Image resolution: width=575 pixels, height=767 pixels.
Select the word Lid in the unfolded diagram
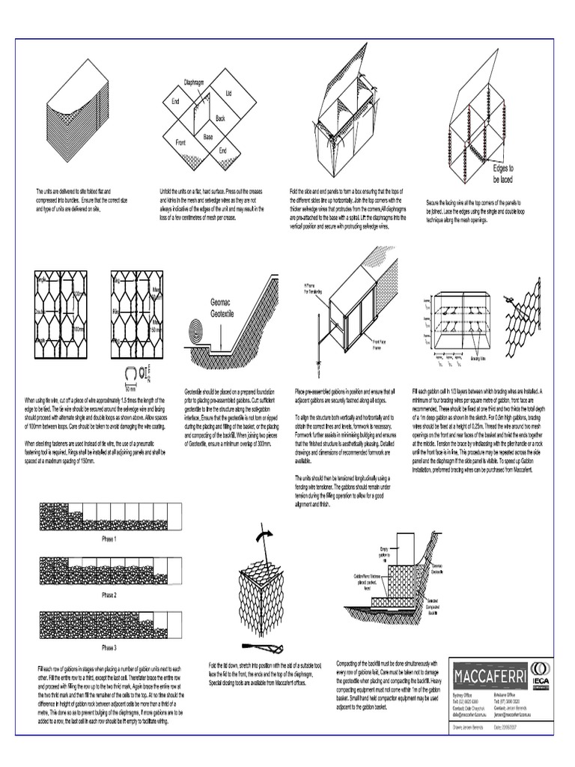(229, 93)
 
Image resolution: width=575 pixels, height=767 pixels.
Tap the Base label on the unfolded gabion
(207, 137)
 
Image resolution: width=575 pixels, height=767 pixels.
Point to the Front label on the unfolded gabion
(180, 142)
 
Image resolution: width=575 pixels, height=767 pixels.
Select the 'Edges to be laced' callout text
(502, 174)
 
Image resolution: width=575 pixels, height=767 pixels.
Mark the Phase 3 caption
(109, 647)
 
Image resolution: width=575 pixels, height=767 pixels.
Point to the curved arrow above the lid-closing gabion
(264, 536)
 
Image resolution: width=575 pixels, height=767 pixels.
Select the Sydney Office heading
(464, 685)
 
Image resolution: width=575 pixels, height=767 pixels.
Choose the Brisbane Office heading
(508, 685)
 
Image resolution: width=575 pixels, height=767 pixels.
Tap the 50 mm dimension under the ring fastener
(130, 389)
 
